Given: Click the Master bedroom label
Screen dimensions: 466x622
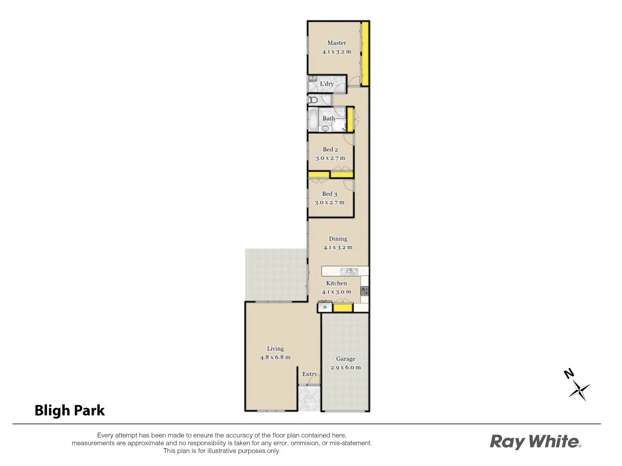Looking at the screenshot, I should [x=336, y=43].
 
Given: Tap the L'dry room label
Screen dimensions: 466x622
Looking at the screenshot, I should [x=327, y=84].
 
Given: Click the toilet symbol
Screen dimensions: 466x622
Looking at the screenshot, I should [x=313, y=100].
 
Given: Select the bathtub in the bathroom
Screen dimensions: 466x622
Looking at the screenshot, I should [x=312, y=120].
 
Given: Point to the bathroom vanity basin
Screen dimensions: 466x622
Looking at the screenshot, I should [x=325, y=128].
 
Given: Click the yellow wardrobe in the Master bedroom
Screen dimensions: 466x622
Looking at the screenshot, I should [x=365, y=54].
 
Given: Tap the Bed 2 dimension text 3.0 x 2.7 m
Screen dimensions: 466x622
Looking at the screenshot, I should [x=330, y=158].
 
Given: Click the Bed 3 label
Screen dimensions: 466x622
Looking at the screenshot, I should [x=330, y=194].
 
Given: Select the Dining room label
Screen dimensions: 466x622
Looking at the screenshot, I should [x=338, y=239].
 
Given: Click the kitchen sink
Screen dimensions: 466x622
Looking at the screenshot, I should [x=349, y=271].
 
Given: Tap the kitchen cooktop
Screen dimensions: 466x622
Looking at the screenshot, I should [x=365, y=291].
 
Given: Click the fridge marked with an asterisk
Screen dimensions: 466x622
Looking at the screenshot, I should [x=325, y=308].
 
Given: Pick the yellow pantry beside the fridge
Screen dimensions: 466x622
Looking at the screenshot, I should [x=343, y=308].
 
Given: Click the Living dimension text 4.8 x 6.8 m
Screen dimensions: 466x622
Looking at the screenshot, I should [x=275, y=358].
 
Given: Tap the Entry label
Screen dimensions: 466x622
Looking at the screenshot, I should [x=310, y=374].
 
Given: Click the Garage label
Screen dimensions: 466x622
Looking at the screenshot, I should [x=346, y=359].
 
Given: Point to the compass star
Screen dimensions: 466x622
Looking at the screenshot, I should [x=579, y=390].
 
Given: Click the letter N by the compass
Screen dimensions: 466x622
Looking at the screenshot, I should [x=569, y=373].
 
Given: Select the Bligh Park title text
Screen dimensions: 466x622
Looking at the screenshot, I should [x=70, y=410].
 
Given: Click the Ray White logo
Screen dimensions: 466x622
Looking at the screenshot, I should [x=535, y=442].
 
